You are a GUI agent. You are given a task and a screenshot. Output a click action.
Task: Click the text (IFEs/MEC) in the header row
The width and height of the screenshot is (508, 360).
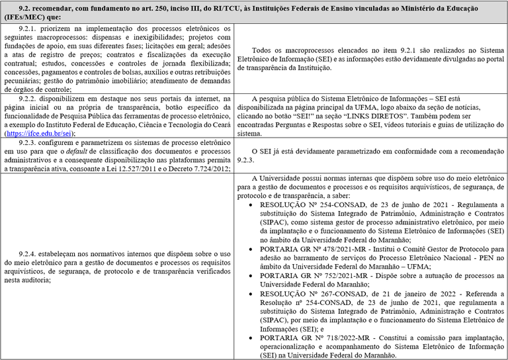tap(26, 15)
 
